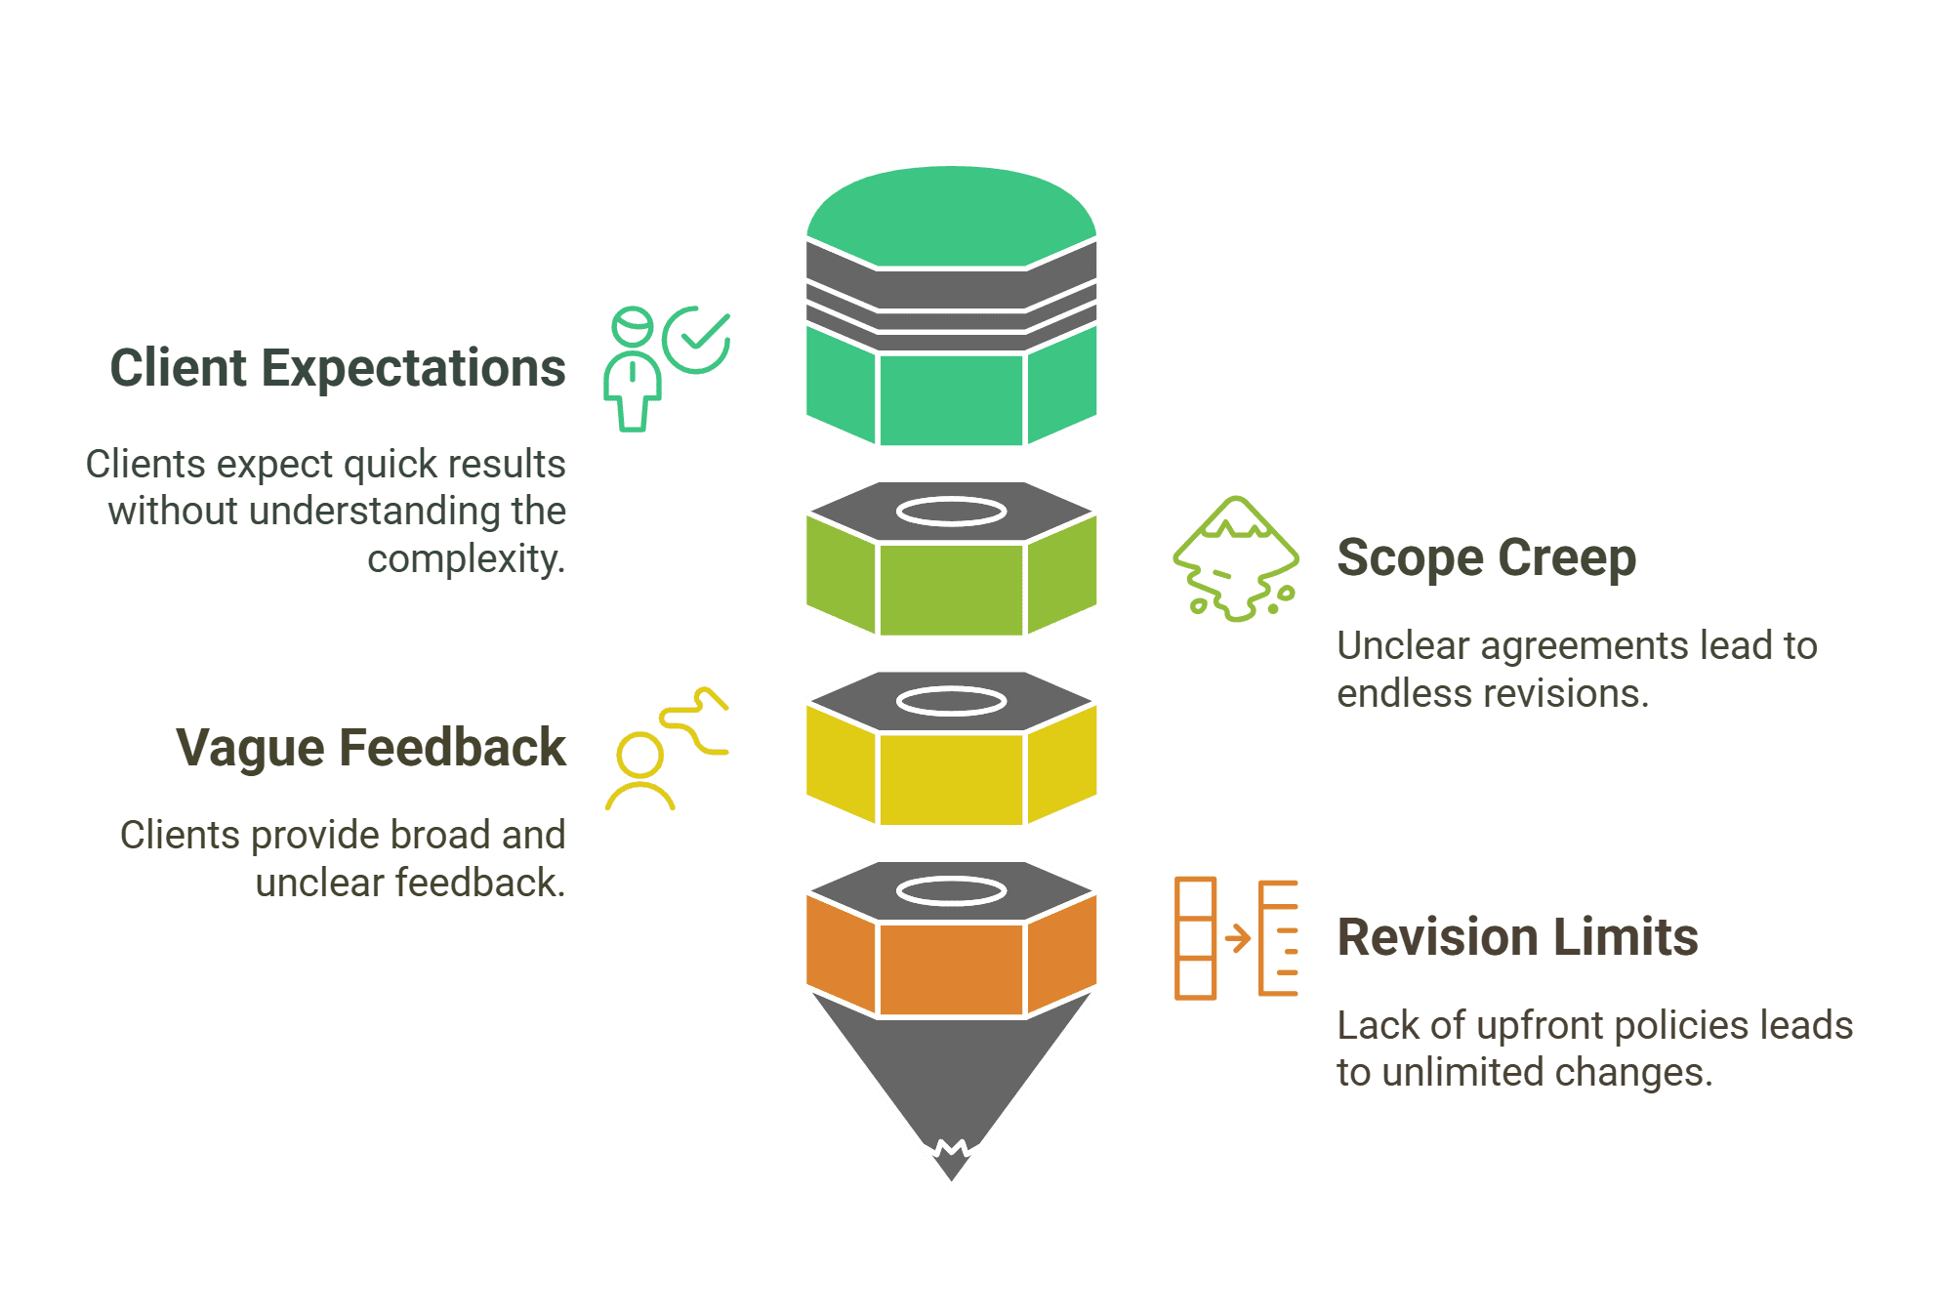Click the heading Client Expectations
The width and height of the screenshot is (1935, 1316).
[x=338, y=369]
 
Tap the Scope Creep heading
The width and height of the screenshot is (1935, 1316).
[x=1486, y=557]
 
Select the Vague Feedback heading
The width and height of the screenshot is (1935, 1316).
[x=371, y=748]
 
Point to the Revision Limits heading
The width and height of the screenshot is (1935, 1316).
[x=1517, y=937]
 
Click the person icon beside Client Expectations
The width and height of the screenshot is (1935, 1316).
[x=633, y=369]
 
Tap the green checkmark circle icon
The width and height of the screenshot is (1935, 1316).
[x=697, y=340]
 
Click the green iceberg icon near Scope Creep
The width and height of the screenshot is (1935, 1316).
[x=1236, y=558]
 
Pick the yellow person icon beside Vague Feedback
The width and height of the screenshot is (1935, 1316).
[x=640, y=771]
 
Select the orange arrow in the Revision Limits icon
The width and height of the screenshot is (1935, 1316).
[x=1238, y=938]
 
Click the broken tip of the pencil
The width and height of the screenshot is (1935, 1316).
[x=952, y=1160]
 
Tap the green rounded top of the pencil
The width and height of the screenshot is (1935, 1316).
[x=952, y=216]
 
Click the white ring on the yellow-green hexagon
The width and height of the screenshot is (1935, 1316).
[x=952, y=512]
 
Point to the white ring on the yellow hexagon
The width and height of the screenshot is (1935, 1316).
[x=952, y=701]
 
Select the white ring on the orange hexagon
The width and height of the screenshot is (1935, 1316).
[x=952, y=890]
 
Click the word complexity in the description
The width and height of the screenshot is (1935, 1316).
[x=467, y=560]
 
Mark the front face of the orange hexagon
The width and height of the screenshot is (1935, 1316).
[x=952, y=969]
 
